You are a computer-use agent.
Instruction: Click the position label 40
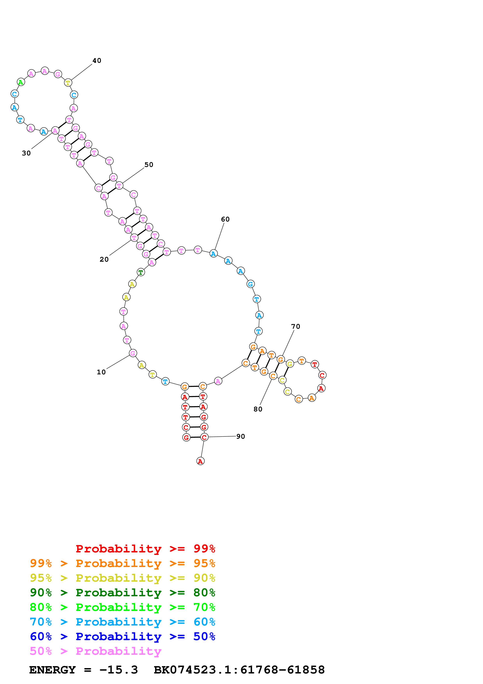click(97, 61)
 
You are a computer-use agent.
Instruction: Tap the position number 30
click(26, 153)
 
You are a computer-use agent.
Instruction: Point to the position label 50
click(149, 165)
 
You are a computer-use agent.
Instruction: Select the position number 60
click(225, 219)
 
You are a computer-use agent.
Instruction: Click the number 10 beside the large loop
click(101, 372)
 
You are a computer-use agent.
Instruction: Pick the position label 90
click(240, 436)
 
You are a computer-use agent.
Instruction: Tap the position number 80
click(258, 409)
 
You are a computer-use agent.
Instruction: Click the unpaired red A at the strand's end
click(200, 461)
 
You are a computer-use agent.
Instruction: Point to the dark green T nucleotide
click(141, 272)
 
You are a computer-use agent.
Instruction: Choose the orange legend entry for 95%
click(122, 563)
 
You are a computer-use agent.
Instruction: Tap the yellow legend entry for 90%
click(122, 578)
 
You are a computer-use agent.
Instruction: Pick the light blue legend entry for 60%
click(122, 622)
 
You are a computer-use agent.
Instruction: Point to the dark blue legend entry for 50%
click(122, 636)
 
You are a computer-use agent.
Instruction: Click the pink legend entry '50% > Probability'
click(95, 651)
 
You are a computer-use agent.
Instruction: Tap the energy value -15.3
click(118, 670)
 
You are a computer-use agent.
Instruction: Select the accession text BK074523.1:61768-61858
click(239, 670)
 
